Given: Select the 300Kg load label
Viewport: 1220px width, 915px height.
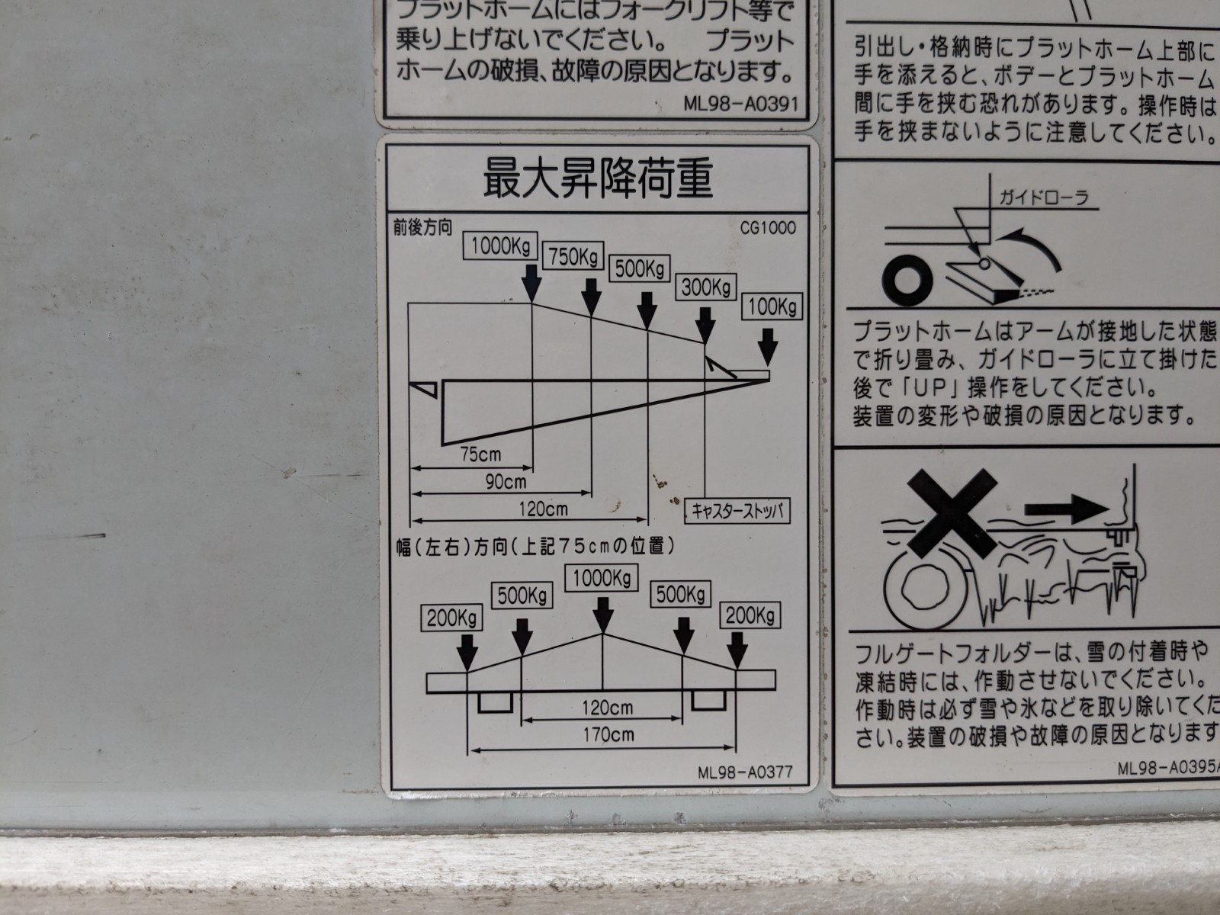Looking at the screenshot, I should click(706, 287).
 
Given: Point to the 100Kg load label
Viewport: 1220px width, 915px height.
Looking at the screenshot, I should click(772, 307).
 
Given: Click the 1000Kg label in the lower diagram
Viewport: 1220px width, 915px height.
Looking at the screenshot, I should click(602, 579).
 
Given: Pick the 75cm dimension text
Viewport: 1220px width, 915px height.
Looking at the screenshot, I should click(480, 454).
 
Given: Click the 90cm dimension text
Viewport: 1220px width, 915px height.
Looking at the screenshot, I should click(506, 481).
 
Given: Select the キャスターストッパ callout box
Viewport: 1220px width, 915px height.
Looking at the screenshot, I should click(737, 510).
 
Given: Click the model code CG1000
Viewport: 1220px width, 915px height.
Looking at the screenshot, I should click(766, 228).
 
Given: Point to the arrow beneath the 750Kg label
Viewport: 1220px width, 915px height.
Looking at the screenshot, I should click(591, 295).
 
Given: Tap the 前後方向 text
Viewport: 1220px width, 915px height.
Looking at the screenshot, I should click(422, 226).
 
